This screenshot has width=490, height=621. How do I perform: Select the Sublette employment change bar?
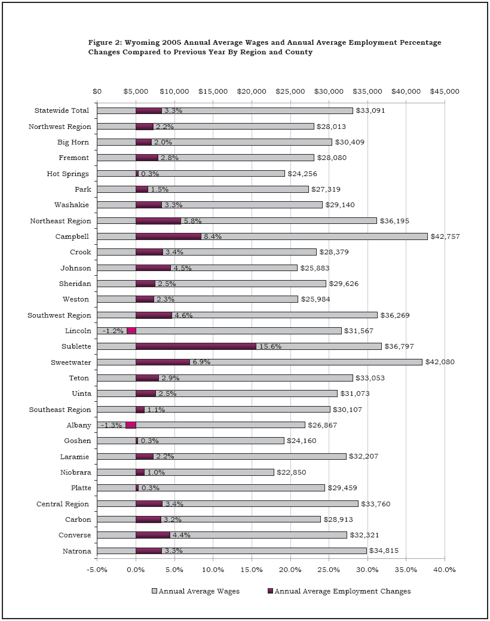click(x=195, y=346)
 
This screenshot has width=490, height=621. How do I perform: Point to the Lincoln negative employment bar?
click(x=131, y=331)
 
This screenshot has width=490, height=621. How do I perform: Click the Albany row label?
click(x=78, y=425)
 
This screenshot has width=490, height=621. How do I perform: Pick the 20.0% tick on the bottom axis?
click(x=290, y=569)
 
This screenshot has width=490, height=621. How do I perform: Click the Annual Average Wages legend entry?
click(x=196, y=591)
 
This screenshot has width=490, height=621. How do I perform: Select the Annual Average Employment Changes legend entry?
click(x=339, y=591)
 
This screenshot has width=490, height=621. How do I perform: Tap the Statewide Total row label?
click(x=62, y=110)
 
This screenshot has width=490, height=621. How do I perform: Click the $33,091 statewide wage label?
click(x=374, y=110)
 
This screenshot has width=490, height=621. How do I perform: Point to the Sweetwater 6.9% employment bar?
click(x=163, y=362)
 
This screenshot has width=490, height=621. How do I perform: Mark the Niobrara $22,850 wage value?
click(x=295, y=472)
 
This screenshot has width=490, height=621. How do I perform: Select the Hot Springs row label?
click(x=68, y=174)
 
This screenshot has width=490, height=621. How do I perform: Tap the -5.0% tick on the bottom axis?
click(x=97, y=569)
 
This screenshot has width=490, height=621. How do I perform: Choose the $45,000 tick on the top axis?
click(x=445, y=91)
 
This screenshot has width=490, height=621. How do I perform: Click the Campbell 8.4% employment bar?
click(x=169, y=236)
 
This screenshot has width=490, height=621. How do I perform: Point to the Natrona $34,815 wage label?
click(x=388, y=551)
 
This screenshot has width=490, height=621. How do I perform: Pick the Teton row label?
click(x=79, y=378)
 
